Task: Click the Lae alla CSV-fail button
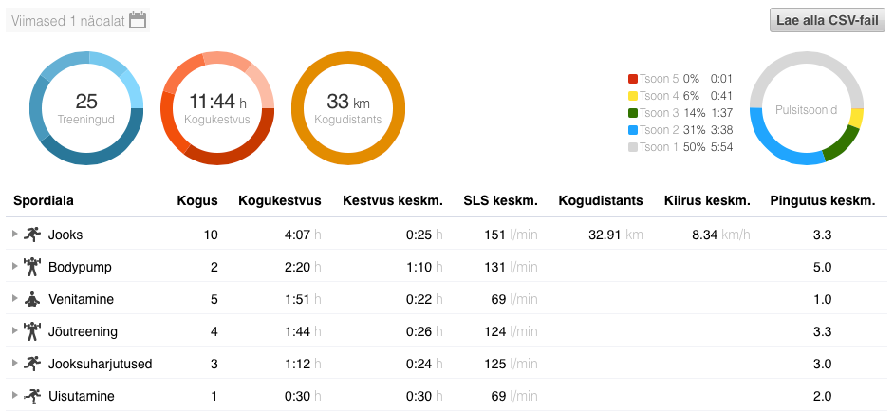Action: (827, 20)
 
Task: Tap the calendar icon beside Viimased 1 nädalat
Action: (138, 20)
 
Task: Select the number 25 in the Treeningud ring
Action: (85, 102)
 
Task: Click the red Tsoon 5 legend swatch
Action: (633, 79)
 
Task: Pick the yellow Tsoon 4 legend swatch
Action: (633, 96)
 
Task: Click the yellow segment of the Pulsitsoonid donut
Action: (856, 118)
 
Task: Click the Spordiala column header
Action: (44, 200)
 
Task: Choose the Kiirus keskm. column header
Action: (707, 200)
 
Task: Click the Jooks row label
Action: (65, 234)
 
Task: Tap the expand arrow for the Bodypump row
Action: (14, 266)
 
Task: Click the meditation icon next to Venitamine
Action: (33, 299)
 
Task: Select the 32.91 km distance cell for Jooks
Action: (603, 234)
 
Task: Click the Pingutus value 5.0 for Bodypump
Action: (823, 267)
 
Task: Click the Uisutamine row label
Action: (81, 396)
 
